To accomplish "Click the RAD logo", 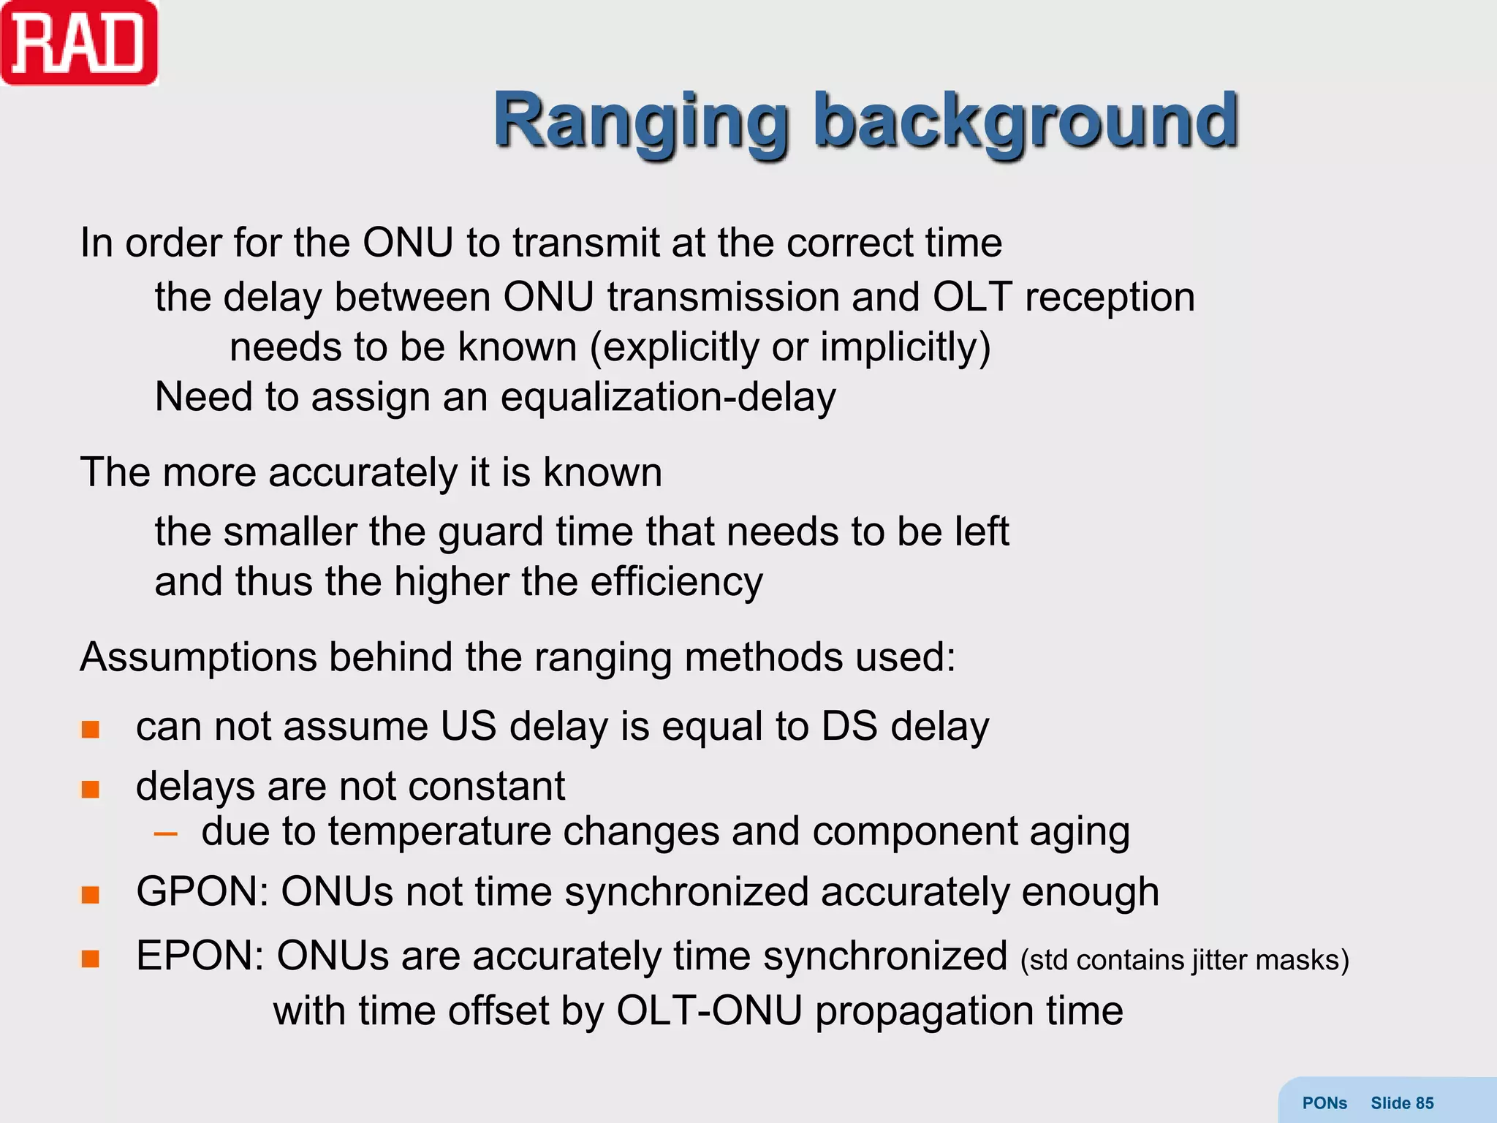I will (79, 44).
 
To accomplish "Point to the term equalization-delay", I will (668, 398).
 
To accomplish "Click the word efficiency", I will (676, 583).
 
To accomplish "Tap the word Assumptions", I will (198, 657).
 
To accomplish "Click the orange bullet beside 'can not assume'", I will (90, 729).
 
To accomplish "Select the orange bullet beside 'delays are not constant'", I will (90, 789).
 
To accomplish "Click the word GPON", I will (201, 892).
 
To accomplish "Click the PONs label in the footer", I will (1324, 1103).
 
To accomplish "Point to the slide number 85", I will (1424, 1103).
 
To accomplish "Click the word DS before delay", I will (849, 727).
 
